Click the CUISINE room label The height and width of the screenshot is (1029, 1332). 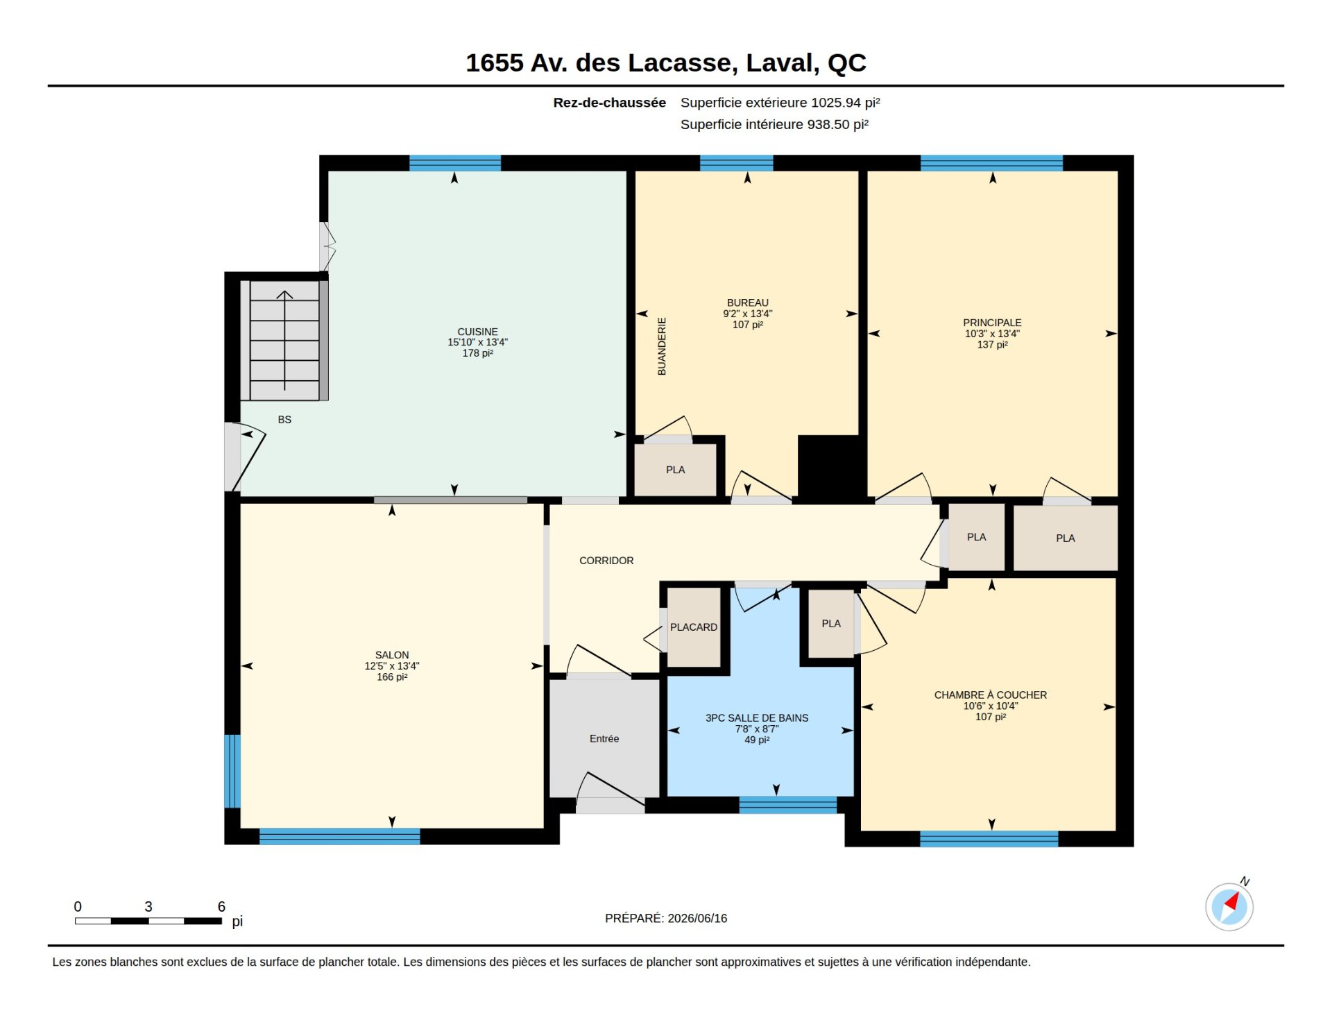click(x=477, y=332)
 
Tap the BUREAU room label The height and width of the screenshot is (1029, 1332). click(x=747, y=303)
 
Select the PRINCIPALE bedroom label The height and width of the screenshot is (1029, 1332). click(x=992, y=323)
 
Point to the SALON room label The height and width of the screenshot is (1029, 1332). click(x=392, y=655)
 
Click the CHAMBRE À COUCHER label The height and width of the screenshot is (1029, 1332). click(x=990, y=695)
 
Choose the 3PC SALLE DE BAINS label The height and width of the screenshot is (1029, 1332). click(x=757, y=718)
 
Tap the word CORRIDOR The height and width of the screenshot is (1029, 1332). click(x=606, y=561)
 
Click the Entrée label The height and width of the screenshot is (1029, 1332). click(x=604, y=739)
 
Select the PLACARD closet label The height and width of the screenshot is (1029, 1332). click(x=694, y=627)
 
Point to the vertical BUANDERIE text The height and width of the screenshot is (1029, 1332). click(x=662, y=346)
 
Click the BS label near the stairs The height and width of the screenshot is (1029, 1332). click(x=284, y=420)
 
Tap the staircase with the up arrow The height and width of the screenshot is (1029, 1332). click(x=284, y=340)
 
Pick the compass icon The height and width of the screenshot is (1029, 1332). click(x=1229, y=906)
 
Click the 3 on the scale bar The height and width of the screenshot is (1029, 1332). click(x=148, y=906)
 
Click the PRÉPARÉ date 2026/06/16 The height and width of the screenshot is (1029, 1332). click(x=697, y=918)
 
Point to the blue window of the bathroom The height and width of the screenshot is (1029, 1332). click(x=788, y=805)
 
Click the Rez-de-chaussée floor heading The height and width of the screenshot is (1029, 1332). click(x=609, y=103)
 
